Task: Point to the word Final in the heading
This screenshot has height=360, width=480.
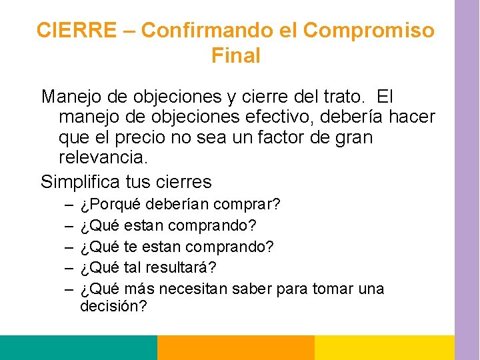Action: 235,56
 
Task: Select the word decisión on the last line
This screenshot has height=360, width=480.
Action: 113,307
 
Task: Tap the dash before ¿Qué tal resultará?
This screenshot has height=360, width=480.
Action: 69,267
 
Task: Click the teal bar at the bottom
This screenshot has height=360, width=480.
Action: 78,347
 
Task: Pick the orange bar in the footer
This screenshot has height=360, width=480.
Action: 235,347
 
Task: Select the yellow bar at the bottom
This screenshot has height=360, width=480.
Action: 384,347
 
